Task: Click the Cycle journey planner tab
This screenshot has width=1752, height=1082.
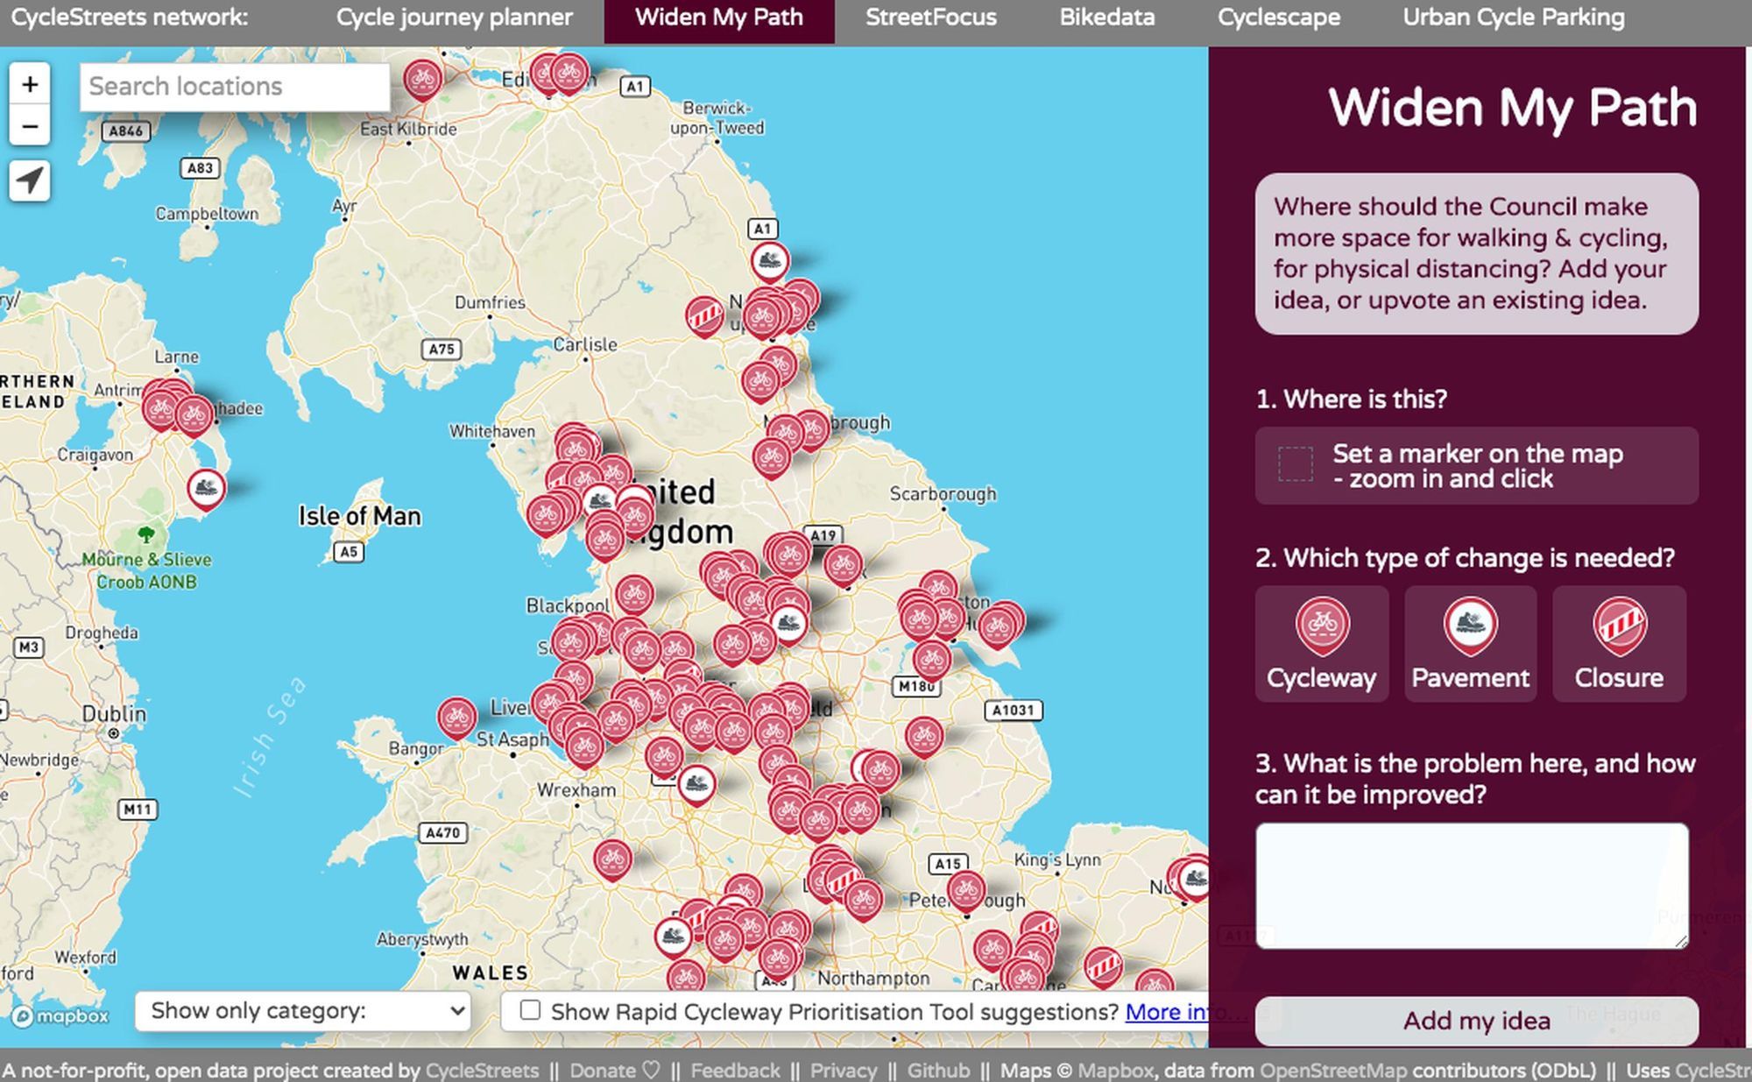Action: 454,18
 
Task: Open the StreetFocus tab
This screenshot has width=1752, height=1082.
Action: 930,18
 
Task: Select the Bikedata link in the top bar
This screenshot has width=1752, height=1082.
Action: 1106,18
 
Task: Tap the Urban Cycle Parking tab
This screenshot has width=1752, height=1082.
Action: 1513,18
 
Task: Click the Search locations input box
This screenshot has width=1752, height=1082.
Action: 234,87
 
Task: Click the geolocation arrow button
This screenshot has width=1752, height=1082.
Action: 30,181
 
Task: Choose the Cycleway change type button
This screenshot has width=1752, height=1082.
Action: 1321,644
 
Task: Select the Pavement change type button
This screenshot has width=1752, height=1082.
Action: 1470,644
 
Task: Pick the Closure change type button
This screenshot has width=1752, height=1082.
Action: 1619,644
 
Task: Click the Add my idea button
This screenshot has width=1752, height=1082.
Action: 1476,1021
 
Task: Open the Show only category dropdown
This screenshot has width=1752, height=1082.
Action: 303,1011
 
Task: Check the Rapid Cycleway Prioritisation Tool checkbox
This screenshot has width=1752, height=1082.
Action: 530,1010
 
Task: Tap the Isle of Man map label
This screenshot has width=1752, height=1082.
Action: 359,516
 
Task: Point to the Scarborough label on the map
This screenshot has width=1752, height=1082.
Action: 943,494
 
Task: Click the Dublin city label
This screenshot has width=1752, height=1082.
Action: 114,714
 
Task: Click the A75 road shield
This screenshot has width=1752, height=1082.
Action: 442,350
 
